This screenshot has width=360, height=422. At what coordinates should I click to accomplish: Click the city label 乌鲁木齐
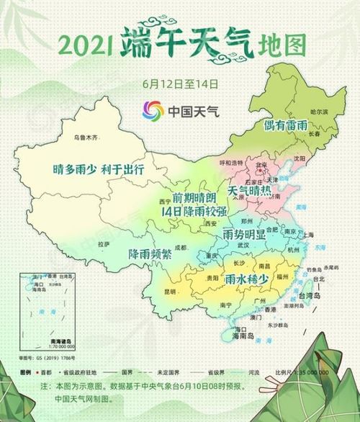coord(85,136)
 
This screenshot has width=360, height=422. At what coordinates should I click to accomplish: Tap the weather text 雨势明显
coord(244,235)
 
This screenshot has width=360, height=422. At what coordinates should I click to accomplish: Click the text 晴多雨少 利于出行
coord(99,170)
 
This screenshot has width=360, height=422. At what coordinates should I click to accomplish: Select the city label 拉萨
coord(104,244)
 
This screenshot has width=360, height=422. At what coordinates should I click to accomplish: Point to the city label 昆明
coord(170,292)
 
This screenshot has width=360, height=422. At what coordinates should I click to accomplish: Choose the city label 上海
coord(309,235)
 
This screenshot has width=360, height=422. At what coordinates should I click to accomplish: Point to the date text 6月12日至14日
coord(181,83)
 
